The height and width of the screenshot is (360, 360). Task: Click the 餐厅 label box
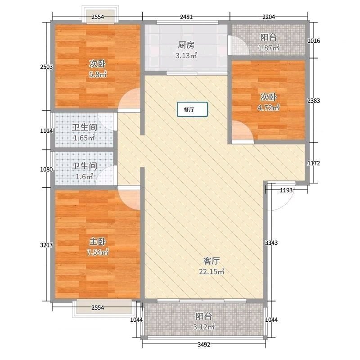193,109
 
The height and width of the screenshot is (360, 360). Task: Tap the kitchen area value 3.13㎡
186,55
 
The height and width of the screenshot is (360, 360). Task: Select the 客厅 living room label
211,261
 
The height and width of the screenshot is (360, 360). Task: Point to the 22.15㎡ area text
211,272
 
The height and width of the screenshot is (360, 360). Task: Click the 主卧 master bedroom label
98,242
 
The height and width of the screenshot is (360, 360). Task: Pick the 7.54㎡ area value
98,252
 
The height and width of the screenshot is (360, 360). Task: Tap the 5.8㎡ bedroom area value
98,74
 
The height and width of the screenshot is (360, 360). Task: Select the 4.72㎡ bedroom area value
268,108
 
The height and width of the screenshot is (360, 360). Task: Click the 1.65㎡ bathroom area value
84,138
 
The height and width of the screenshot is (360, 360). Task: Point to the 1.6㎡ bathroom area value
84,176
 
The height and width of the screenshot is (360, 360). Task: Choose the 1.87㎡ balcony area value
268,48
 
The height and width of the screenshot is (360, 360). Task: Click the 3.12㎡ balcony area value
204,327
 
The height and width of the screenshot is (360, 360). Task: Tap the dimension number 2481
186,17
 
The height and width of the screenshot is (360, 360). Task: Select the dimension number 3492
204,344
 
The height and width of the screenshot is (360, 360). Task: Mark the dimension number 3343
271,243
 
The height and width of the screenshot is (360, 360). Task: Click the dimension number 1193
286,190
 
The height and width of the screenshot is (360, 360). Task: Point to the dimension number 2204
269,17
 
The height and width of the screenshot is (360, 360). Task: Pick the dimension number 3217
46,245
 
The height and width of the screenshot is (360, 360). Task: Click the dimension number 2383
314,100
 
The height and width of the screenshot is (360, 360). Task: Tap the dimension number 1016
314,40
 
